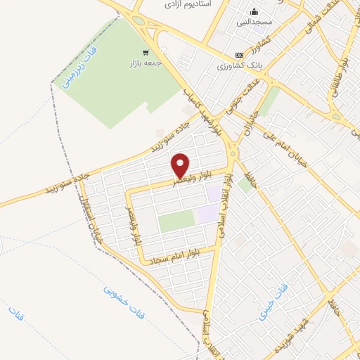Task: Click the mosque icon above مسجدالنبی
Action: [x=253, y=12]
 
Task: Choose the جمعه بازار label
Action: [x=146, y=63]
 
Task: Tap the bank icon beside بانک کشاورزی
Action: [x=239, y=54]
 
